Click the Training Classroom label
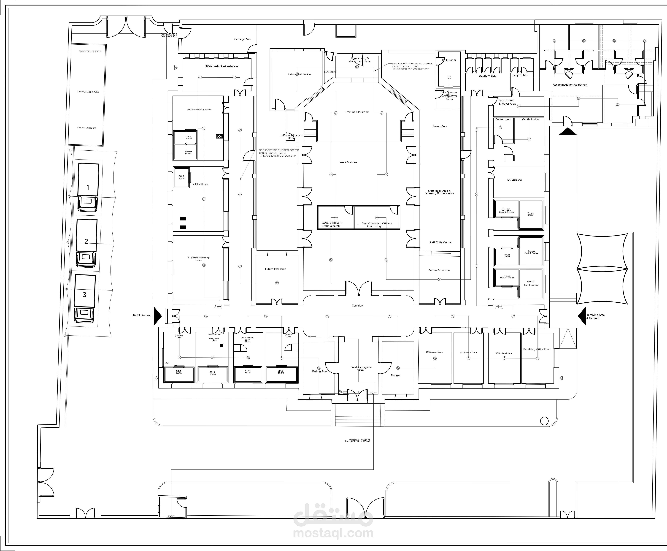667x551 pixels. tap(357, 112)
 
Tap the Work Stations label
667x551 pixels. tap(348, 162)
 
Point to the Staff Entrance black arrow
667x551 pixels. tap(157, 316)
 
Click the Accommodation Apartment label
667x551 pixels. tap(570, 85)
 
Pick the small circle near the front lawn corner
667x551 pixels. tap(544, 421)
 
